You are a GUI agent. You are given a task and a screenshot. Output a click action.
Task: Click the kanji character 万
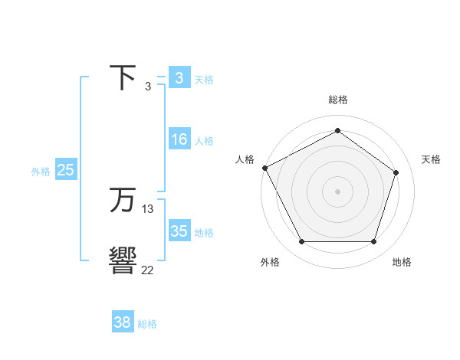click(x=123, y=201)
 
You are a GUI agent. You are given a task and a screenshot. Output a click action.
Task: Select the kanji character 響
click(x=123, y=261)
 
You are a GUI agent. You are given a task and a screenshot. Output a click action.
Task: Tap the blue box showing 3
click(x=179, y=78)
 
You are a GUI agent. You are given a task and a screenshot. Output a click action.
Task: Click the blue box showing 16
click(x=179, y=140)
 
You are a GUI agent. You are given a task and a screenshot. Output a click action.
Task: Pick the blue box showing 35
click(x=179, y=232)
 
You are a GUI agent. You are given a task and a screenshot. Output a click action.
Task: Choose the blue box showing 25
click(x=65, y=171)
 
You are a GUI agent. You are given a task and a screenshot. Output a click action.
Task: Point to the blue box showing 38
click(x=122, y=322)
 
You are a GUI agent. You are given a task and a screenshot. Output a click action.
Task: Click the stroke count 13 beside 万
click(x=148, y=209)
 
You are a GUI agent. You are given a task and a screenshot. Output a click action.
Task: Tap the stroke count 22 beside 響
click(x=148, y=270)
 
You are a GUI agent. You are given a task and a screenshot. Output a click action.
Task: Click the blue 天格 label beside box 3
click(x=204, y=79)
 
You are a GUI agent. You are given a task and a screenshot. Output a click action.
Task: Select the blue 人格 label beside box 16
click(x=204, y=141)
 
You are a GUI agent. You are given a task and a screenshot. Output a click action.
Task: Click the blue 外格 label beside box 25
click(x=41, y=172)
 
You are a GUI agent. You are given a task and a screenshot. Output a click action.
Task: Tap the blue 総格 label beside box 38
click(x=147, y=324)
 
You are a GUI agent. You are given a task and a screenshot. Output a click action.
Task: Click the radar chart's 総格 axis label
click(x=338, y=100)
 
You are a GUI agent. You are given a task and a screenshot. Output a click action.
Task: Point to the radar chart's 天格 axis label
click(x=432, y=159)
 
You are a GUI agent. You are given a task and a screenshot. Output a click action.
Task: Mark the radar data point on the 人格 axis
click(x=264, y=168)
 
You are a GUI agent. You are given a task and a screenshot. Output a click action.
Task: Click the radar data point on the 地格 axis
click(x=374, y=242)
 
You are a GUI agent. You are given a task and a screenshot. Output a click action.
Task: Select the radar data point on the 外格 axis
click(x=301, y=242)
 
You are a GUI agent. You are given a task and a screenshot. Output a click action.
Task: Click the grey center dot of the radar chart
click(x=337, y=191)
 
